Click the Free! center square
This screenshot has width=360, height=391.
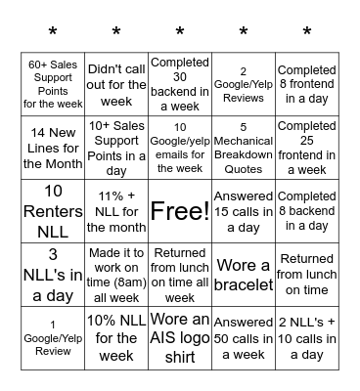point(180,211)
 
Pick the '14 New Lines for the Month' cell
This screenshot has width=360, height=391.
point(53,148)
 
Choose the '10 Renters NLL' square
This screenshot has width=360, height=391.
point(53,211)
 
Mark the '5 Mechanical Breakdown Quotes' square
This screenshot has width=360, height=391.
point(244,148)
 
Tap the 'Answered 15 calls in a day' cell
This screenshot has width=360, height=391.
point(244,211)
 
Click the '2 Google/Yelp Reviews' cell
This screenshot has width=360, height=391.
point(244,84)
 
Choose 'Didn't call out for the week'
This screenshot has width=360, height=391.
point(116,84)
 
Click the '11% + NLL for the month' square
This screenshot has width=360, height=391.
point(116,211)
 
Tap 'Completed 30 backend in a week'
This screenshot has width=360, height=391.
point(180,84)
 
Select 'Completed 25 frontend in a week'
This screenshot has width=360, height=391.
point(307,148)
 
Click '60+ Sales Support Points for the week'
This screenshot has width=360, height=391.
point(53,84)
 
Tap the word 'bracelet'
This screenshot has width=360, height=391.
point(244,285)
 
